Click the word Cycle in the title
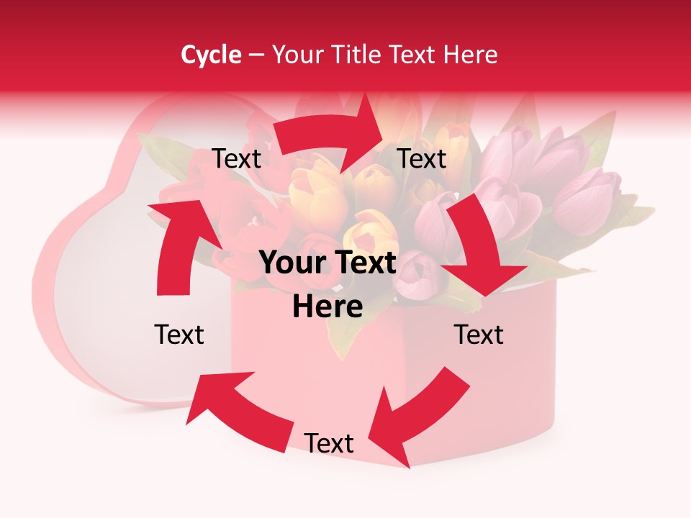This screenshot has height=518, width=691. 211,55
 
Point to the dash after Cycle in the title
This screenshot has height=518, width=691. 256,55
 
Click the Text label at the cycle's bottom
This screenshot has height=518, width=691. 329,443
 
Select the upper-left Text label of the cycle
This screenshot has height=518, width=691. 236,159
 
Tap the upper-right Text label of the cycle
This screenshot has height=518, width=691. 422,159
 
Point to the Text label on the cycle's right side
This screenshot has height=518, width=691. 478,335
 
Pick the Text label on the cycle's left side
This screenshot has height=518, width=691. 179,335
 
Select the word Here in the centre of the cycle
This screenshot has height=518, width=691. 328,307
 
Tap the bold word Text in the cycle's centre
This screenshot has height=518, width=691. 363,263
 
